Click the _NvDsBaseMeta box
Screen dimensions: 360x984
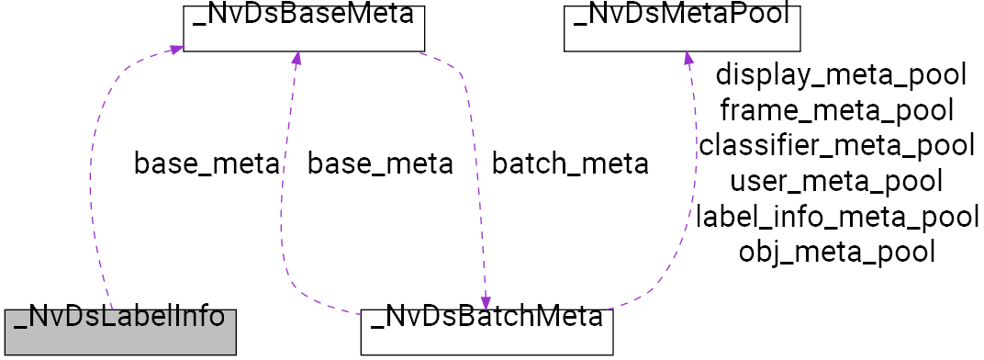tap(303, 28)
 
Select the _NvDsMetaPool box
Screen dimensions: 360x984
tap(682, 28)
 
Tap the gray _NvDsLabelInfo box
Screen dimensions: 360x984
tap(118, 332)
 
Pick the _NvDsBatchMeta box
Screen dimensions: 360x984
tap(486, 332)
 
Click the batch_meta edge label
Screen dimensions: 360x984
tap(570, 164)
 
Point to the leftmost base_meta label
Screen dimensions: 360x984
tap(206, 164)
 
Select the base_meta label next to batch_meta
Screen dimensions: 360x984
tap(379, 164)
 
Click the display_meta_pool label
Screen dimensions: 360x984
tap(841, 75)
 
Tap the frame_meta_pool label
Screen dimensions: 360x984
tap(836, 110)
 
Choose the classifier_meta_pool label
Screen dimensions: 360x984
tap(836, 145)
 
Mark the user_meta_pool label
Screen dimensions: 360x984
tap(836, 181)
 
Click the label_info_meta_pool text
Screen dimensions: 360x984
tap(836, 216)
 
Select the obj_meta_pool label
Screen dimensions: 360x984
tap(836, 251)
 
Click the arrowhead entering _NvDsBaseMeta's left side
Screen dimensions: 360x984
tap(175, 49)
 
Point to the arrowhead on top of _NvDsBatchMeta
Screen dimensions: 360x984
tap(485, 301)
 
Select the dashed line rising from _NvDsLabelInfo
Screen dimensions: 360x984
tap(93, 184)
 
